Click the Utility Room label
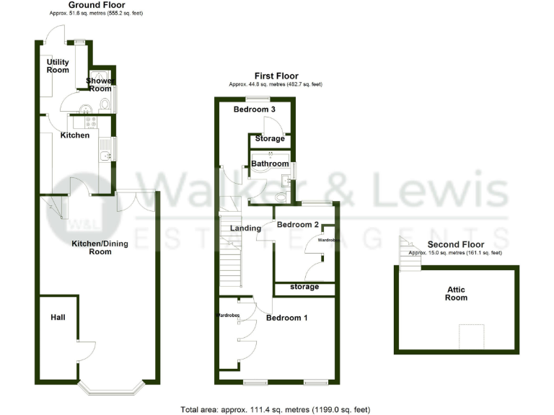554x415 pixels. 58,66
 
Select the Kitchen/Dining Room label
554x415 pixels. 100,248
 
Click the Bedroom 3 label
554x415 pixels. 255,110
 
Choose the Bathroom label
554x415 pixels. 268,164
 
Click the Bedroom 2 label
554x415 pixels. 298,225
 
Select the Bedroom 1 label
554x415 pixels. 287,318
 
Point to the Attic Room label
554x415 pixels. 456,293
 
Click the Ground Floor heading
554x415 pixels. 92,5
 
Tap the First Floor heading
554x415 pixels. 276,76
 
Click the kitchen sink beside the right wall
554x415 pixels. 105,150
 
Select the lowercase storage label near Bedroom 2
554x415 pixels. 304,287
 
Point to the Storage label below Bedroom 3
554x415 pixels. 270,138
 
